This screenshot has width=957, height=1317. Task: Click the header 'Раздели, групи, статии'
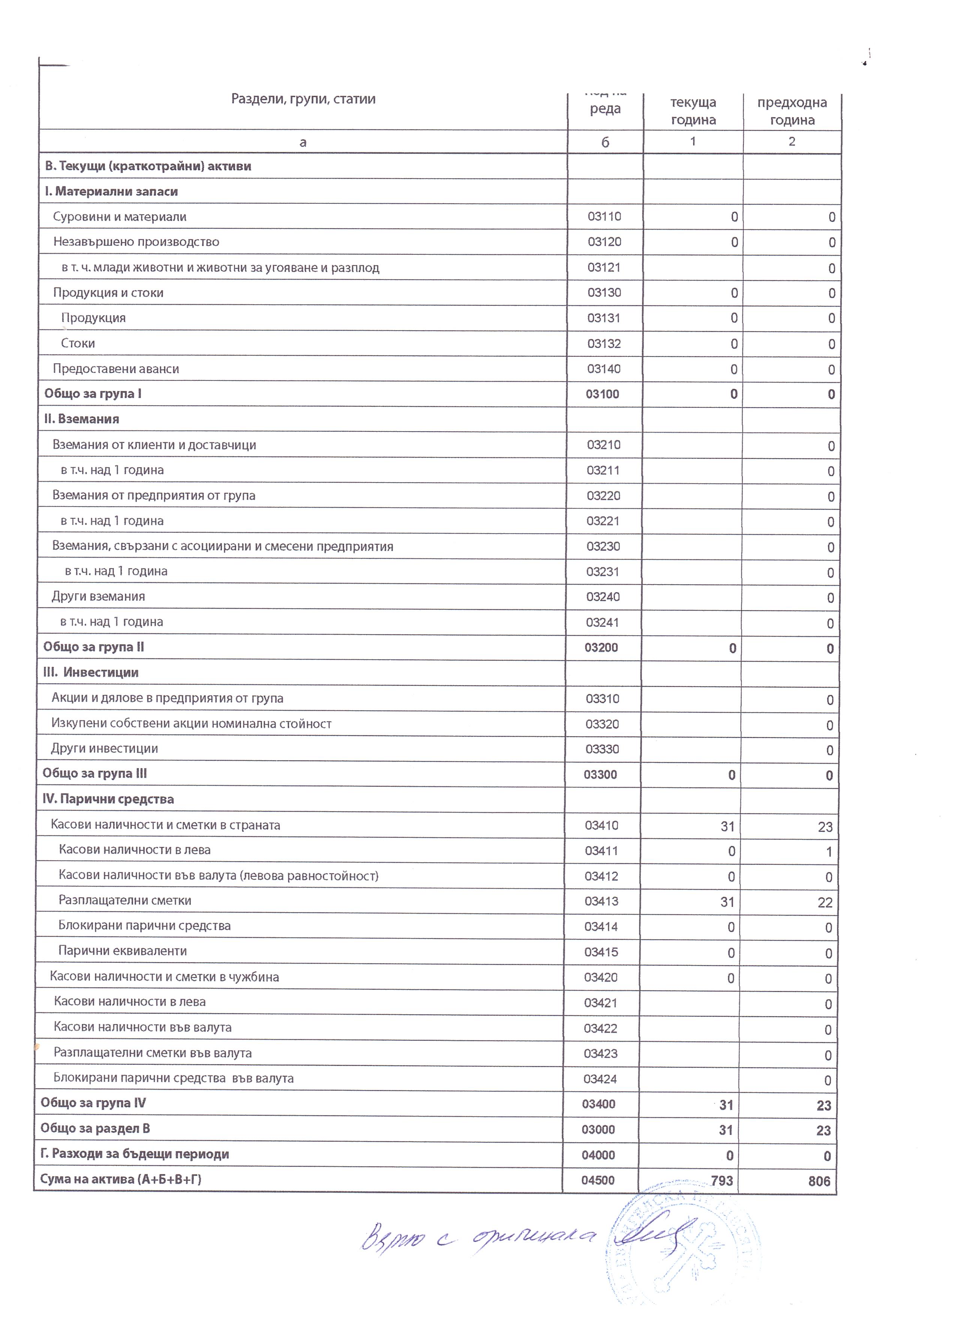[303, 99]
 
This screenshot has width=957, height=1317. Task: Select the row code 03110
[604, 216]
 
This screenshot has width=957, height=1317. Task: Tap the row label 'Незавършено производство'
[136, 242]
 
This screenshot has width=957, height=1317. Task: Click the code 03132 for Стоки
[604, 344]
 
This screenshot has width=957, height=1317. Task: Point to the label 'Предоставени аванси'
[116, 369]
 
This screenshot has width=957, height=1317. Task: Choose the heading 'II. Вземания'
[82, 419]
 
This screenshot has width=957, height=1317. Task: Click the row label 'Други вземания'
[99, 596]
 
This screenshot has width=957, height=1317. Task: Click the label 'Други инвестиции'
[105, 749]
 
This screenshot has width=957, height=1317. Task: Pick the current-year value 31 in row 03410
[727, 826]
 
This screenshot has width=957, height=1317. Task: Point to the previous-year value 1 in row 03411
[829, 852]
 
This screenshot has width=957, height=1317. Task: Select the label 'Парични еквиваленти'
[123, 950]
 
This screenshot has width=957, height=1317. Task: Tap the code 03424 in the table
[601, 1079]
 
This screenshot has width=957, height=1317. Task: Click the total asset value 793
[722, 1181]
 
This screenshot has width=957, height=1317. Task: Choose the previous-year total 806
[819, 1181]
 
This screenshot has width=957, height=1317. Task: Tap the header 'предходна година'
[792, 111]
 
